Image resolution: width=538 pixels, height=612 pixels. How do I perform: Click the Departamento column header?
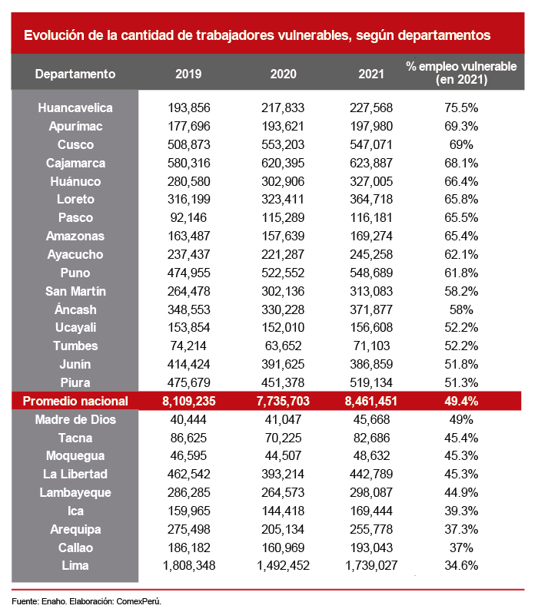pos(75,74)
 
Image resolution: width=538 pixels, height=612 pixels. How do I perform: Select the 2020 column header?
pos(283,74)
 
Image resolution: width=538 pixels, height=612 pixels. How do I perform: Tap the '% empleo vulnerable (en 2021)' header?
pos(461,73)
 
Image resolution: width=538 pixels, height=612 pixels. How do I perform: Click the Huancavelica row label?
pos(75,108)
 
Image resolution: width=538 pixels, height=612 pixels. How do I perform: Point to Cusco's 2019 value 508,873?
pos(188,145)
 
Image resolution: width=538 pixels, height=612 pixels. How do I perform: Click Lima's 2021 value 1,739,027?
pos(372,566)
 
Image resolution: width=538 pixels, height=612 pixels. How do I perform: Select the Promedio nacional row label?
pos(75,401)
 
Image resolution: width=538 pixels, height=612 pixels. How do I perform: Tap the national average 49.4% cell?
pos(461,401)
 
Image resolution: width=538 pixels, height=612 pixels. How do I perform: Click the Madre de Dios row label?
pos(75,419)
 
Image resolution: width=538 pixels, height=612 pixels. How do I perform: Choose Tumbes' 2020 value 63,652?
pos(283,346)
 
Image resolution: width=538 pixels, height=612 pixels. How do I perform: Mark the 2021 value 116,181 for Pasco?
pos(372,218)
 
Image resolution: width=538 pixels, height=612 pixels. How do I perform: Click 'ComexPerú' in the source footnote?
pos(138,600)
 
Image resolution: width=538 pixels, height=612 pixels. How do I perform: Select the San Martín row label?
pos(75,292)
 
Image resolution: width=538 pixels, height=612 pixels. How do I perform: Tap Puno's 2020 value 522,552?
pos(283,273)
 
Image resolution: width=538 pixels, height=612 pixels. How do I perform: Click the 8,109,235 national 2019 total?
pos(188,401)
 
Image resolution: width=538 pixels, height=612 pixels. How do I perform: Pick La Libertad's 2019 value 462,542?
pos(188,475)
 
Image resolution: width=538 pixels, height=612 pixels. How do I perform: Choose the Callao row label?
pos(75,547)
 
